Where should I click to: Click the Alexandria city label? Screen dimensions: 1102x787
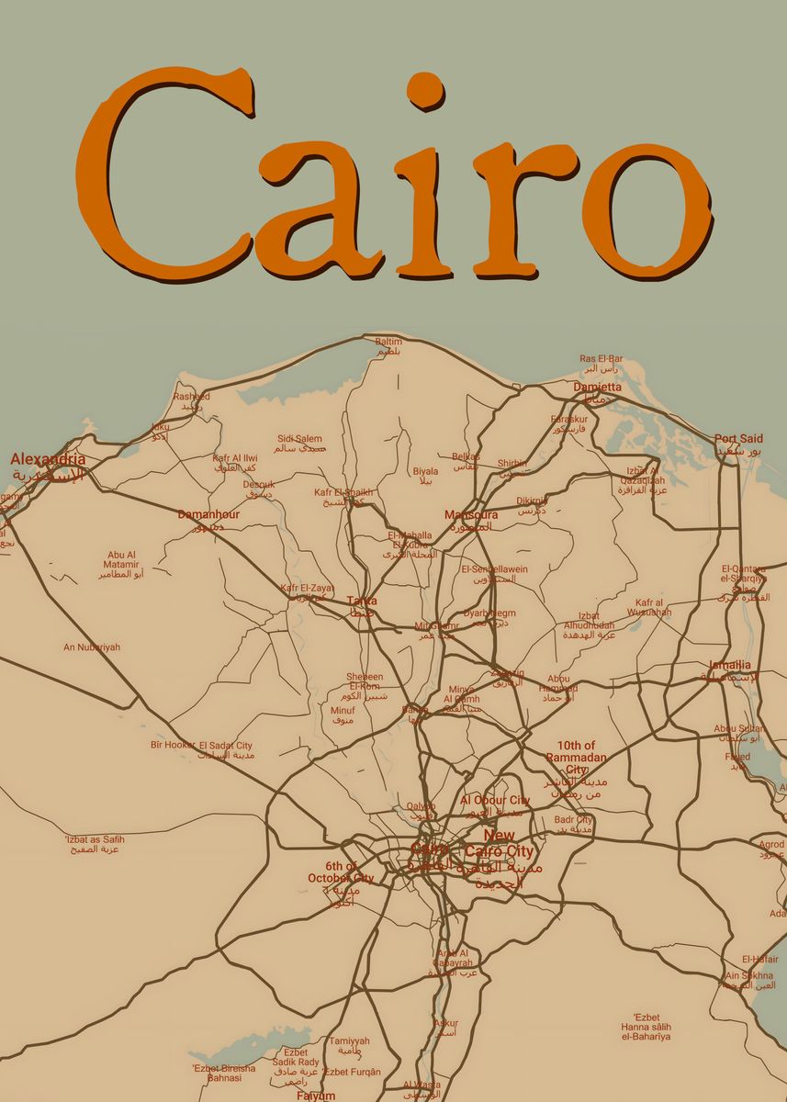pyautogui.click(x=48, y=459)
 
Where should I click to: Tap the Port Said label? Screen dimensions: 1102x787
pyautogui.click(x=739, y=440)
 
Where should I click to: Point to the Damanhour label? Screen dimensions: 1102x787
pyautogui.click(x=208, y=515)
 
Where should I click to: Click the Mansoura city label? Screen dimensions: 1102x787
pyautogui.click(x=471, y=515)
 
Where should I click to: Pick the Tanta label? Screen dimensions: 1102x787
pyautogui.click(x=362, y=602)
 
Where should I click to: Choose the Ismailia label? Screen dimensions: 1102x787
pyautogui.click(x=730, y=666)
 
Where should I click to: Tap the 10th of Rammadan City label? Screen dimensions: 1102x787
pyautogui.click(x=577, y=758)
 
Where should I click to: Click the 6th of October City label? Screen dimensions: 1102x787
pyautogui.click(x=340, y=872)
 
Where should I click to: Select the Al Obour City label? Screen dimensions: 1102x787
pyautogui.click(x=495, y=801)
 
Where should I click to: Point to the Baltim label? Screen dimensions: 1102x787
pyautogui.click(x=388, y=343)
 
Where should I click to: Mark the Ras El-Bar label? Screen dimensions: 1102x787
pyautogui.click(x=601, y=359)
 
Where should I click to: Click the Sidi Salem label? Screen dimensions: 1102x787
pyautogui.click(x=300, y=439)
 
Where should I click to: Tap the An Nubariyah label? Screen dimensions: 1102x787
pyautogui.click(x=92, y=647)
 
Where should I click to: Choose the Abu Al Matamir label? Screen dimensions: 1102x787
pyautogui.click(x=121, y=560)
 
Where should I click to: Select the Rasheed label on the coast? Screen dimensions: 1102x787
pyautogui.click(x=192, y=397)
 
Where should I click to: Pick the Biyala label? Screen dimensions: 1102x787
pyautogui.click(x=425, y=471)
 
